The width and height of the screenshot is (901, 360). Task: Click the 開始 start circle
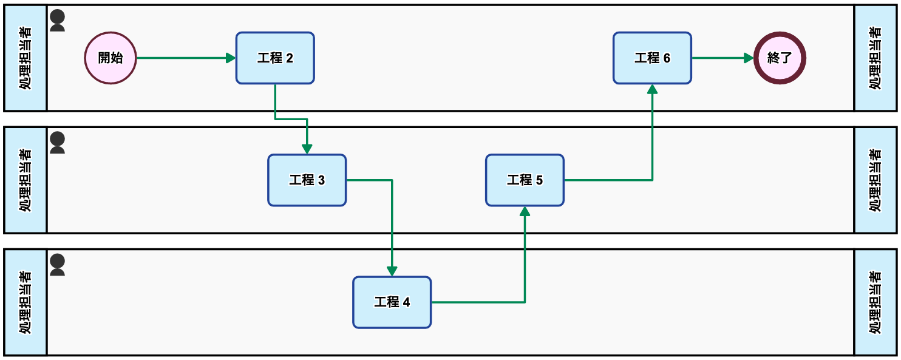110,58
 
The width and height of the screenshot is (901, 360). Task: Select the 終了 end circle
780,58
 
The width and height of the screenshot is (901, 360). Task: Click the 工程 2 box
275,58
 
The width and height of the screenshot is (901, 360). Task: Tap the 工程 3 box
307,180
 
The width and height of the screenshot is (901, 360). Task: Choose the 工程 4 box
392,302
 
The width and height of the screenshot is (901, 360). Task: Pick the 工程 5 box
525,180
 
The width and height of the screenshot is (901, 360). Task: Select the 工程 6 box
652,58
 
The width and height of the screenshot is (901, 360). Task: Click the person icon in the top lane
57,21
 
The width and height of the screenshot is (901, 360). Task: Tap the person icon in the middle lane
57,143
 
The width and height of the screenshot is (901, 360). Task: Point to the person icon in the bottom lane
57,265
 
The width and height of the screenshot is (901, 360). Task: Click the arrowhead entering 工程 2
231,58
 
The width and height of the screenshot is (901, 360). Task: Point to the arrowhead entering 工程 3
307,149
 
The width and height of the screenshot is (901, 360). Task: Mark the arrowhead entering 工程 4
392,271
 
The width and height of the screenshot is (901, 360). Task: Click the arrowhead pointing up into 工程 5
525,211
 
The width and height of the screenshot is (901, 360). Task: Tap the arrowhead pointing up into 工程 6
652,89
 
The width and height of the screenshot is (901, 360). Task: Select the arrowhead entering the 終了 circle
749,58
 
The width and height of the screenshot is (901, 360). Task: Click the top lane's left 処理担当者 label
25,58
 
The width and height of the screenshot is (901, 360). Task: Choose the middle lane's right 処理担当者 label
875,180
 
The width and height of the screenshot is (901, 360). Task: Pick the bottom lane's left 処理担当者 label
25,302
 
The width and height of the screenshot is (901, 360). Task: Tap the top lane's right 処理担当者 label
875,58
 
